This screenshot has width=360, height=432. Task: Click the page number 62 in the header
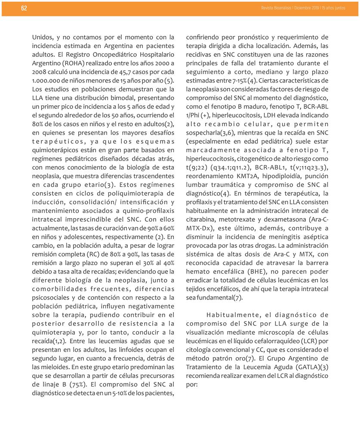click(24, 9)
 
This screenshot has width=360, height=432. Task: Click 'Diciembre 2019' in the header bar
click(307, 9)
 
